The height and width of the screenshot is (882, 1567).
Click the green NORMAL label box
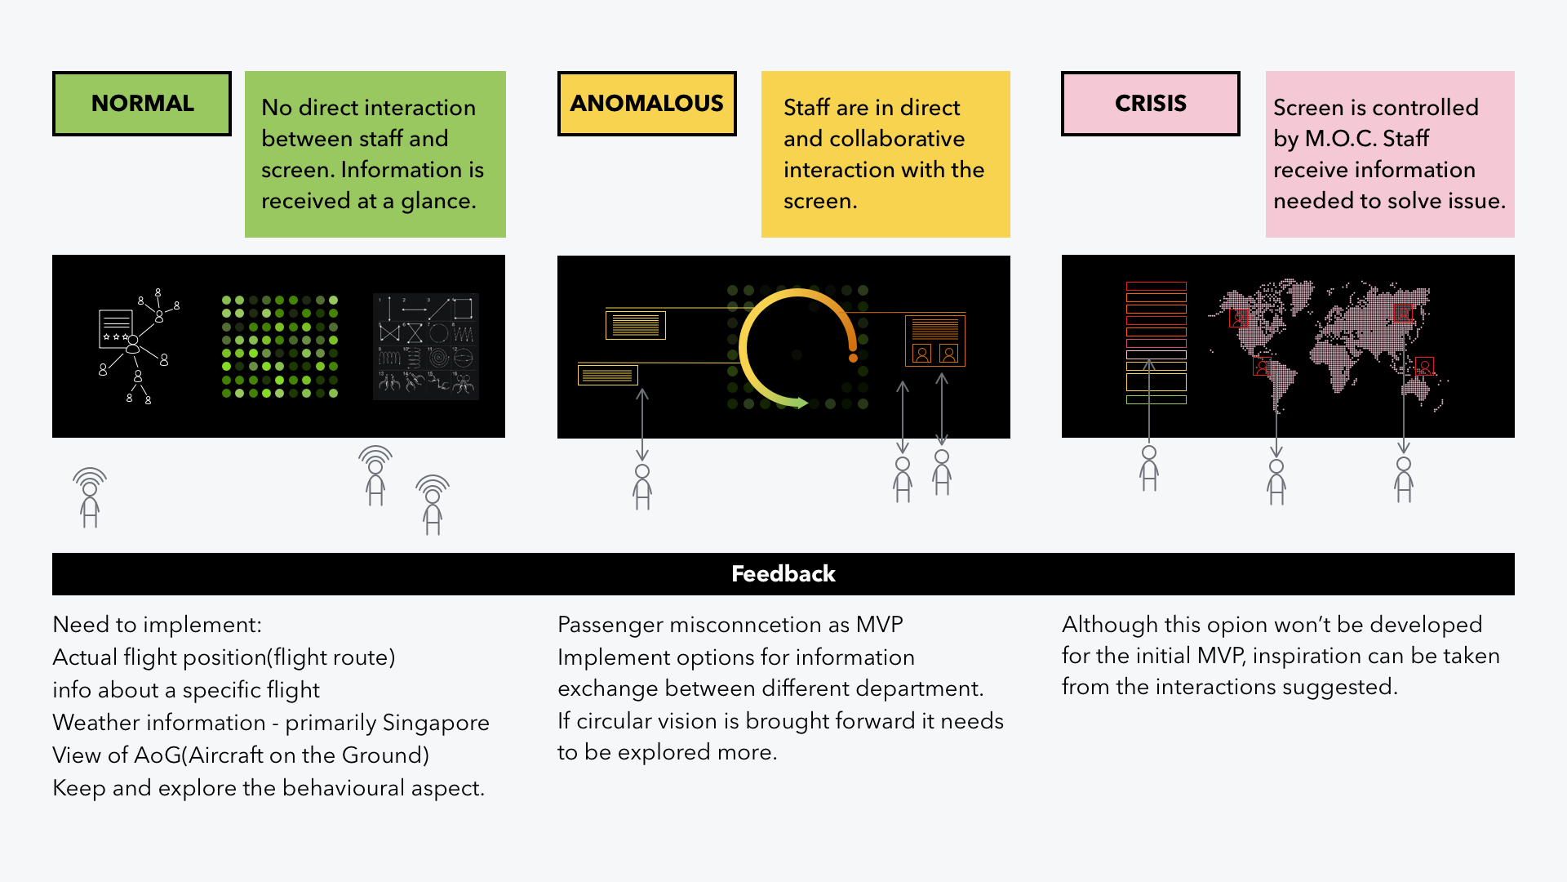142,104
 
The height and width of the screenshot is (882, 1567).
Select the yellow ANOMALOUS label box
647,104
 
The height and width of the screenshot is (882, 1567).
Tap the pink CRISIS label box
1151,104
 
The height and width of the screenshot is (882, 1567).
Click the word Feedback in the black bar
783,574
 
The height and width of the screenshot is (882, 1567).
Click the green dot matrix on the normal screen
279,346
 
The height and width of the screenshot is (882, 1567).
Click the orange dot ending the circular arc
853,358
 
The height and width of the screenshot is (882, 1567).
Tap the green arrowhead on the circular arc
802,403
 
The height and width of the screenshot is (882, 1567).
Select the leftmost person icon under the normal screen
90,498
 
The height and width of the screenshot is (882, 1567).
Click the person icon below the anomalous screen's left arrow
642,487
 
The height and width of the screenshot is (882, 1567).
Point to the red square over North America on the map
1239,318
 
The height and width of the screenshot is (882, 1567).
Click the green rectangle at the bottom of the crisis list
1156,400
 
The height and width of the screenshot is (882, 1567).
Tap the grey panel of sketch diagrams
425,346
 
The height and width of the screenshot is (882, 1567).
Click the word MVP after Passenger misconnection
879,625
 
